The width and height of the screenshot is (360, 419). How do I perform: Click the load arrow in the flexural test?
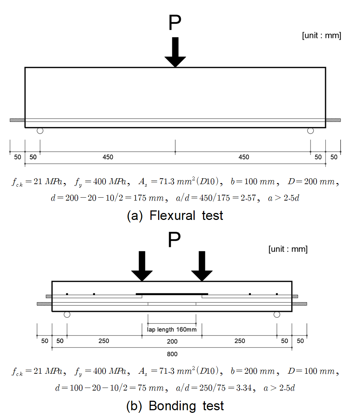tap(175, 52)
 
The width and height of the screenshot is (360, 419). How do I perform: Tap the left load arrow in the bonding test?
tap(142, 266)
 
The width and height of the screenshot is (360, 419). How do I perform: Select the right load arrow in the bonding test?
tap(202, 266)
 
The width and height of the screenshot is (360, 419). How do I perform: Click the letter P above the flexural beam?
tap(175, 22)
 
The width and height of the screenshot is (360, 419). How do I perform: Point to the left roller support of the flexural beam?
tap(40, 131)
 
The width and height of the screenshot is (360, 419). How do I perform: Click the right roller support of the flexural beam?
tap(310, 131)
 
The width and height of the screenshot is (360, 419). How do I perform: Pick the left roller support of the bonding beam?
tap(67, 315)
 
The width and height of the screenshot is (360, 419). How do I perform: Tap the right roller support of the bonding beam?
tap(277, 315)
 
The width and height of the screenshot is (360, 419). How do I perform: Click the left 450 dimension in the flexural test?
tap(108, 157)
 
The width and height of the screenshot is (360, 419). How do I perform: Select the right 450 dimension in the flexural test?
tap(244, 157)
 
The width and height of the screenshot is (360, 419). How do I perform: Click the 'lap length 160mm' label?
tap(172, 330)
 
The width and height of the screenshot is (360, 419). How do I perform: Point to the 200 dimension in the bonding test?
tap(172, 342)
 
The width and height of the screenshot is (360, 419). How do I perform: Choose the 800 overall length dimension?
tap(172, 354)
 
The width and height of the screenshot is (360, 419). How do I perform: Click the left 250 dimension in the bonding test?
tap(104, 341)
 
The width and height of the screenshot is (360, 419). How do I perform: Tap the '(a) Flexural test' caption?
tap(175, 216)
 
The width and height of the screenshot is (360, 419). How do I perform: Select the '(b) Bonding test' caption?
tap(175, 406)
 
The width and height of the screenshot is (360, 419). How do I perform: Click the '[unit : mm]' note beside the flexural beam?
tap(322, 35)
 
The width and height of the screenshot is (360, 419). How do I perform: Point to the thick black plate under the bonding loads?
tap(172, 294)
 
